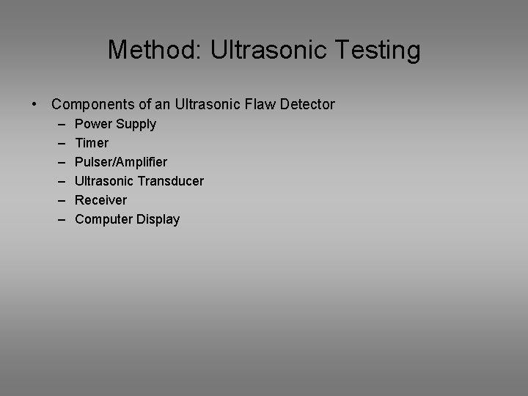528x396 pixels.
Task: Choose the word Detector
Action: [x=307, y=105]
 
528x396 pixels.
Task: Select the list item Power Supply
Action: [x=115, y=124]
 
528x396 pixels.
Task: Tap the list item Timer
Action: [x=92, y=143]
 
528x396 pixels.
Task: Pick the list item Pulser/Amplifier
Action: [x=121, y=162]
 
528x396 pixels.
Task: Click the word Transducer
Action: [x=172, y=181]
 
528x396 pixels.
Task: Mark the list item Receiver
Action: [x=100, y=200]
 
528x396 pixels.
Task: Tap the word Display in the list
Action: [x=158, y=219]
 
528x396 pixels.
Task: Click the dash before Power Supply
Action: [x=58, y=124]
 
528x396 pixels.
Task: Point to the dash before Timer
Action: [x=58, y=143]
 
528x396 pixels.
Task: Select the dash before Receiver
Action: [x=58, y=200]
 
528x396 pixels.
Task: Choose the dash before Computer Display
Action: [x=58, y=219]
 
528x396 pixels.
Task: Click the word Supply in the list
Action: [x=136, y=124]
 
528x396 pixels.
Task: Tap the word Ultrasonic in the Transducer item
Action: [x=106, y=181]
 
